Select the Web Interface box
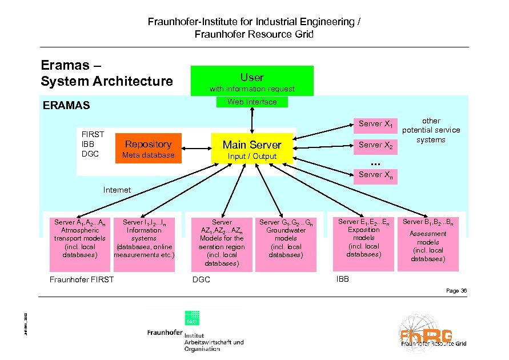[252, 102]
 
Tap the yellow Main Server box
[252, 150]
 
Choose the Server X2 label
[375, 145]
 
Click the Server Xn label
[375, 175]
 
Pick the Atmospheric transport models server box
[79, 243]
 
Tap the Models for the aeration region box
[222, 243]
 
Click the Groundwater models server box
[286, 243]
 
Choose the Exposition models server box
[364, 243]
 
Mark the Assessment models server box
[428, 243]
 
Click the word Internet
[117, 190]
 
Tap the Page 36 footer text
[456, 291]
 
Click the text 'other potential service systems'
[431, 130]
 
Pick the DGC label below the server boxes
[201, 280]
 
